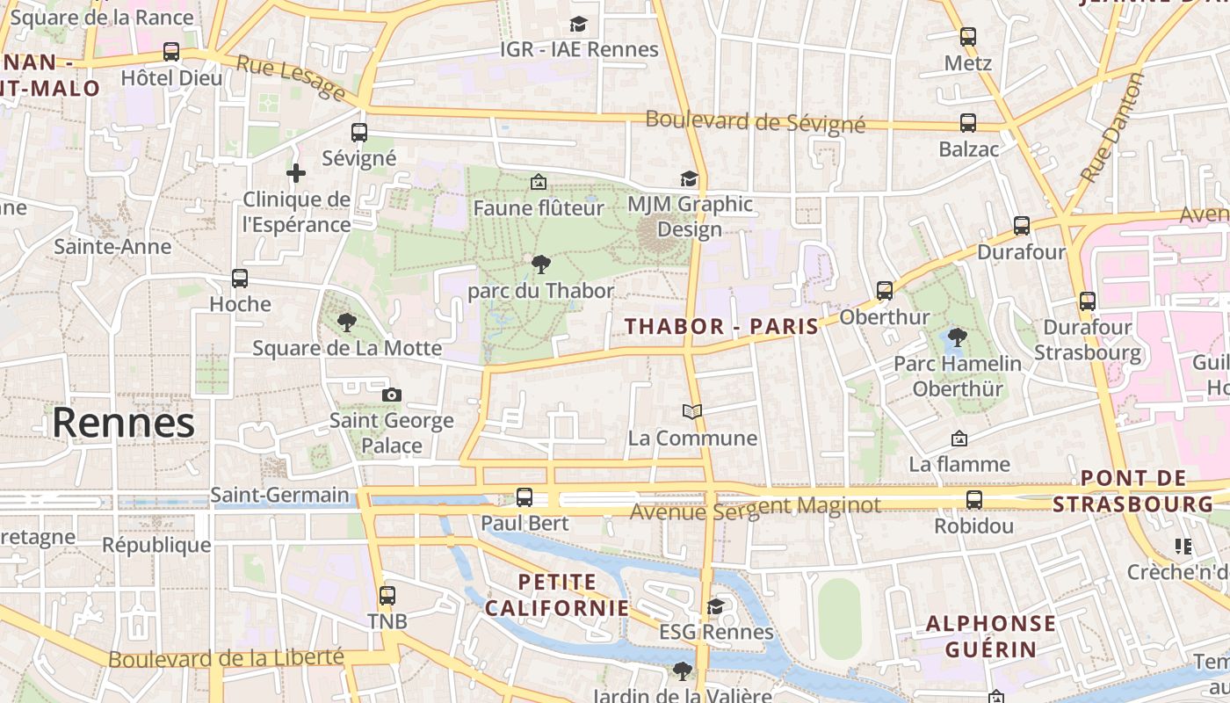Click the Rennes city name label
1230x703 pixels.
pos(123,424)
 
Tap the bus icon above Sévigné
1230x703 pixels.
pos(359,133)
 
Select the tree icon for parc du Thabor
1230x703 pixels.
pos(541,264)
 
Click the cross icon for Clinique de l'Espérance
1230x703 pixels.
pos(296,173)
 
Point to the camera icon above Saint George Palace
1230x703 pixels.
pos(392,395)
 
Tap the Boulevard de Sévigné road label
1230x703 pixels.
pos(755,122)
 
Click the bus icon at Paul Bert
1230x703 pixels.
pos(525,497)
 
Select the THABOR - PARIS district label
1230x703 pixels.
pos(721,326)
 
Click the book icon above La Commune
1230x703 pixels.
pos(692,411)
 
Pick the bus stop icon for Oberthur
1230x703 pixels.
pos(885,291)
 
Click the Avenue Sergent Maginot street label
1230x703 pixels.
pos(756,507)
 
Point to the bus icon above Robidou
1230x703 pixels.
pos(974,500)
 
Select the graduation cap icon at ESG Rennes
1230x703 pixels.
pos(716,606)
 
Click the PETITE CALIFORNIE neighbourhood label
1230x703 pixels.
pos(557,595)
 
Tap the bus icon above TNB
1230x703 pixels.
pos(387,595)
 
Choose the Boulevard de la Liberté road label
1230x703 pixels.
pos(226,657)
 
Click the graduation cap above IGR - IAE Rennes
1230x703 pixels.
pos(578,24)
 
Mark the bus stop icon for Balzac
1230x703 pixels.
pos(968,123)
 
